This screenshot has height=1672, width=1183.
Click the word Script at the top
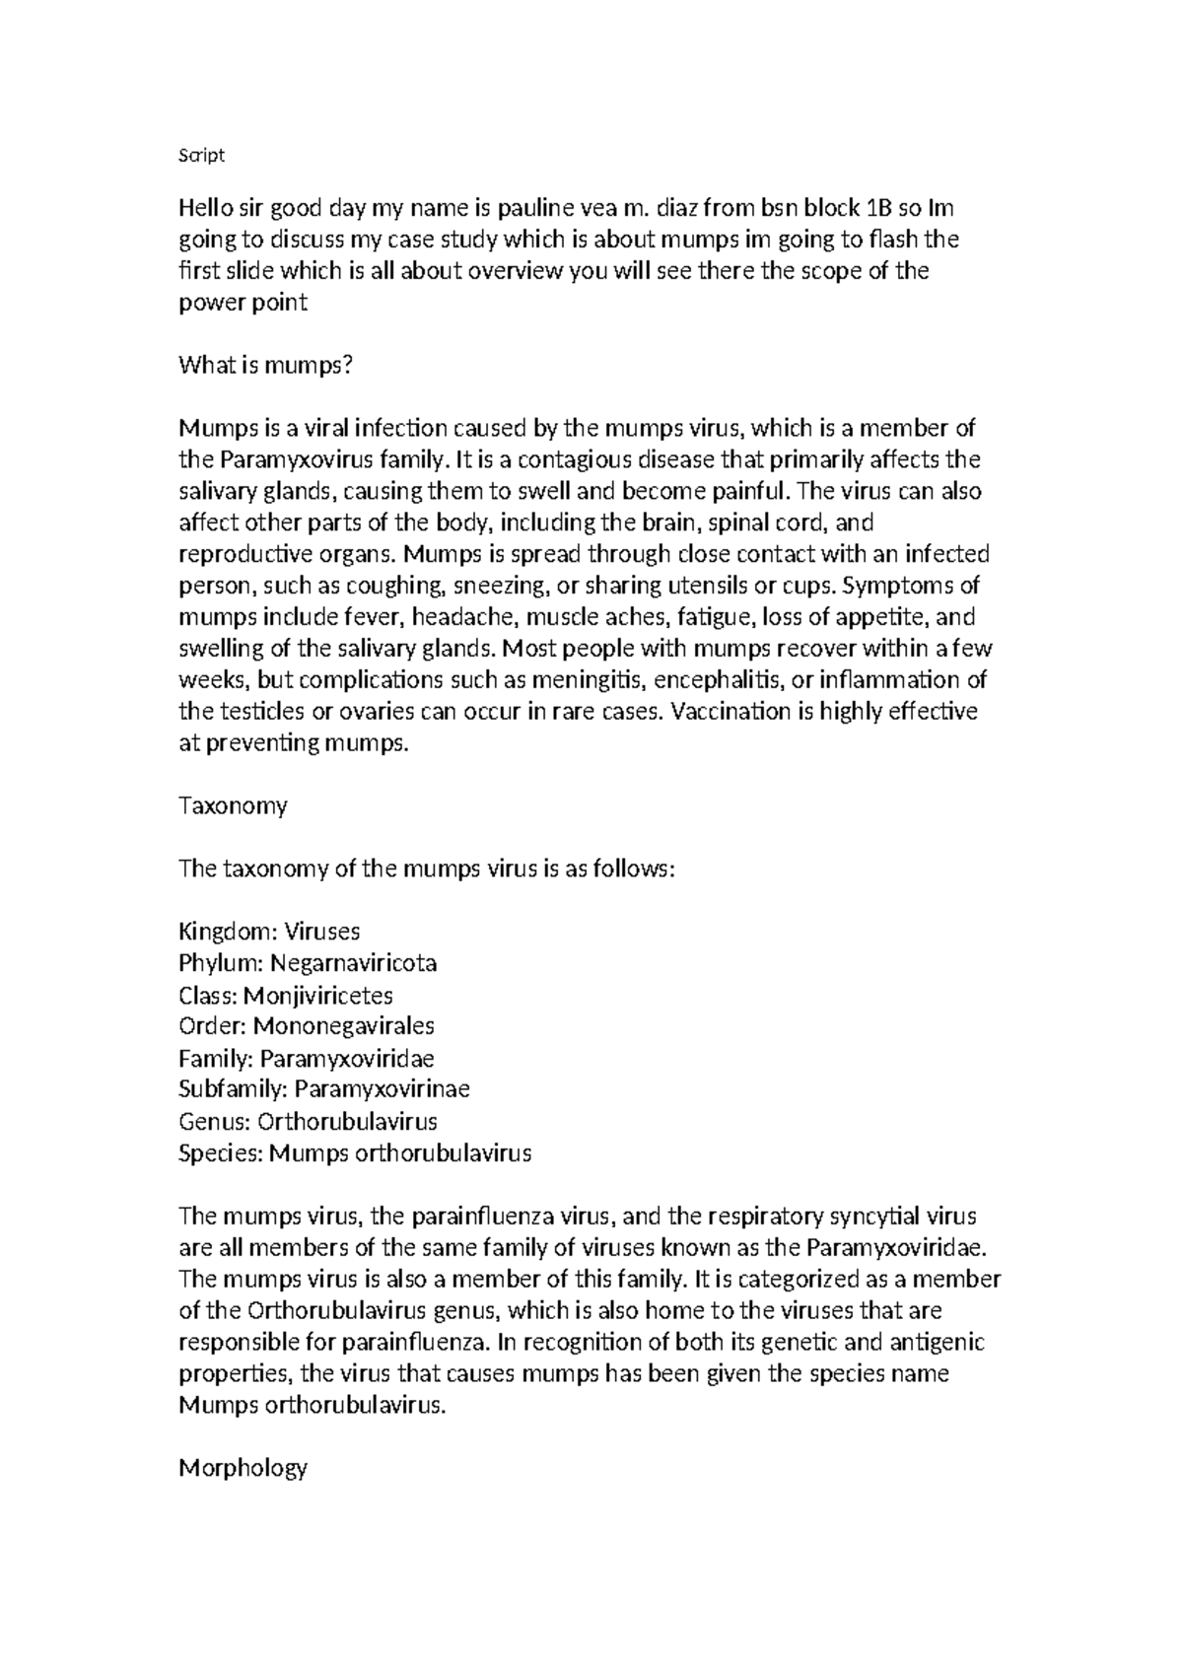201,156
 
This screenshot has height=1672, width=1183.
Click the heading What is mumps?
264,366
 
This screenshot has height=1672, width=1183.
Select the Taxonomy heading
233,805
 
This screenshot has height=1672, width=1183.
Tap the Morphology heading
243,1468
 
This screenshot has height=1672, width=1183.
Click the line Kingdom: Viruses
269,931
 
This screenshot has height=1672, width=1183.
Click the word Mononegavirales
343,1025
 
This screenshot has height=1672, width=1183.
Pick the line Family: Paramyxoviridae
306,1058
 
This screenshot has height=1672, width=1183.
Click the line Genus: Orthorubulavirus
308,1121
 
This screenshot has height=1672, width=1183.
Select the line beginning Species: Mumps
355,1152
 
